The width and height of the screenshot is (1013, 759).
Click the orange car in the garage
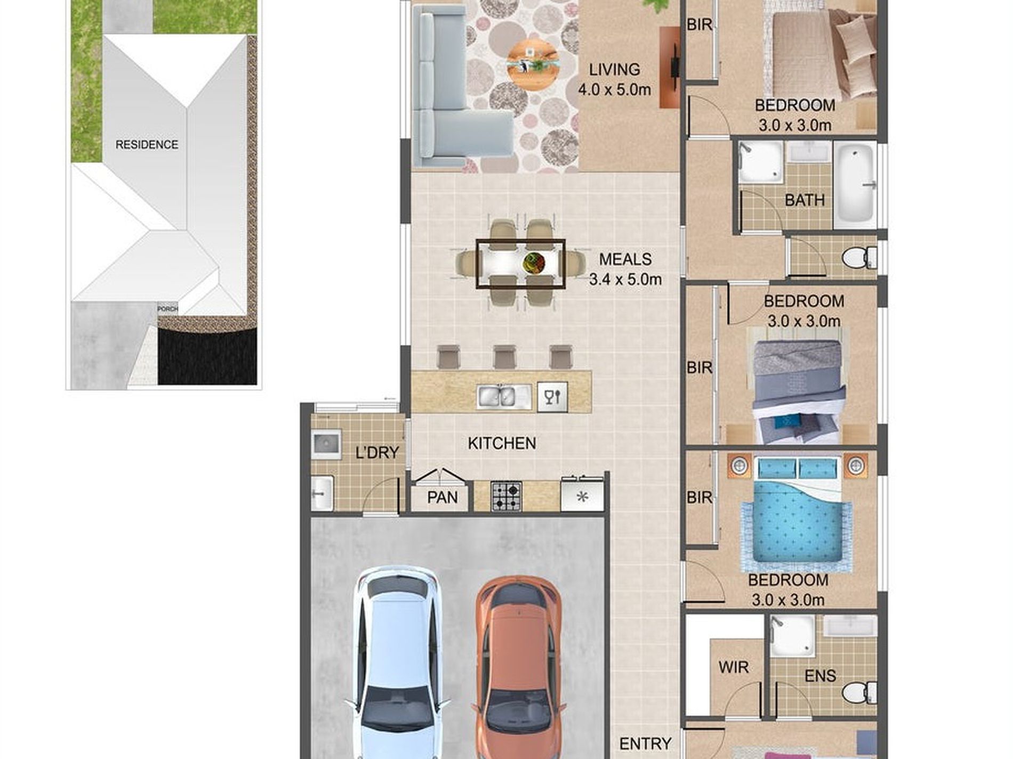pyautogui.click(x=517, y=668)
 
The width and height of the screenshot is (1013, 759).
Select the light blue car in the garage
pyautogui.click(x=397, y=663)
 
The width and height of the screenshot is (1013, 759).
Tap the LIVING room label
pyautogui.click(x=614, y=70)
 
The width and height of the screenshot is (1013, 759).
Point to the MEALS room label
pyautogui.click(x=625, y=259)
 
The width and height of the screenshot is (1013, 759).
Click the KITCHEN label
pyautogui.click(x=502, y=443)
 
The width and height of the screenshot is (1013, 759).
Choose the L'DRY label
pyautogui.click(x=377, y=453)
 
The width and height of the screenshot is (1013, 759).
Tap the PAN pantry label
pyautogui.click(x=442, y=497)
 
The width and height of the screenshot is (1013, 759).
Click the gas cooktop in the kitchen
pyautogui.click(x=506, y=496)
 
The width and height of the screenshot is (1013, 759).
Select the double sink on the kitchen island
pyautogui.click(x=504, y=396)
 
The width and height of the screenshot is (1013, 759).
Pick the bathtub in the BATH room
pyautogui.click(x=855, y=184)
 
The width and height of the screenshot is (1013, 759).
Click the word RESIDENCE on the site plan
pyautogui.click(x=147, y=145)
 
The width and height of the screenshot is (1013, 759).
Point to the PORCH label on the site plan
pyautogui.click(x=167, y=309)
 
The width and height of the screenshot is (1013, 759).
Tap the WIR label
pyautogui.click(x=733, y=667)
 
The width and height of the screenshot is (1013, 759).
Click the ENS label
pyautogui.click(x=820, y=676)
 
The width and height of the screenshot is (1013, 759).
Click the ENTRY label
pyautogui.click(x=645, y=744)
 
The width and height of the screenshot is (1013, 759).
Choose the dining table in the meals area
pyautogui.click(x=520, y=264)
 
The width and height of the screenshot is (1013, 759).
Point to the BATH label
pyautogui.click(x=805, y=200)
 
